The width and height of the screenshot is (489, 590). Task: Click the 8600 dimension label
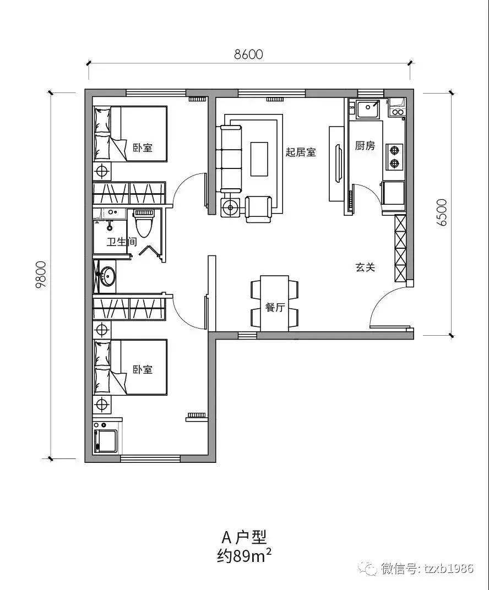(x=248, y=54)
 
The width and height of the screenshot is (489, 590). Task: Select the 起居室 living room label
(x=301, y=152)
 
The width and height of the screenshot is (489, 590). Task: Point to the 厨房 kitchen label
(x=365, y=146)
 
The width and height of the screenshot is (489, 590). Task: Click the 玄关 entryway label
(x=365, y=267)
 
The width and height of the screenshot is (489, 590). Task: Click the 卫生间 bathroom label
(x=121, y=242)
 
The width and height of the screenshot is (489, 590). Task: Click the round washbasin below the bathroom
(x=106, y=276)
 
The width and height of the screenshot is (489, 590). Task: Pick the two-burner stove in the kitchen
(x=394, y=156)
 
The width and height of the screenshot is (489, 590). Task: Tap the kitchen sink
(x=367, y=108)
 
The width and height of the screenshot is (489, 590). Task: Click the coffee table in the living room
(x=259, y=159)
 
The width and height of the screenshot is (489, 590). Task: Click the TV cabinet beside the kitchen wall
(x=335, y=163)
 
